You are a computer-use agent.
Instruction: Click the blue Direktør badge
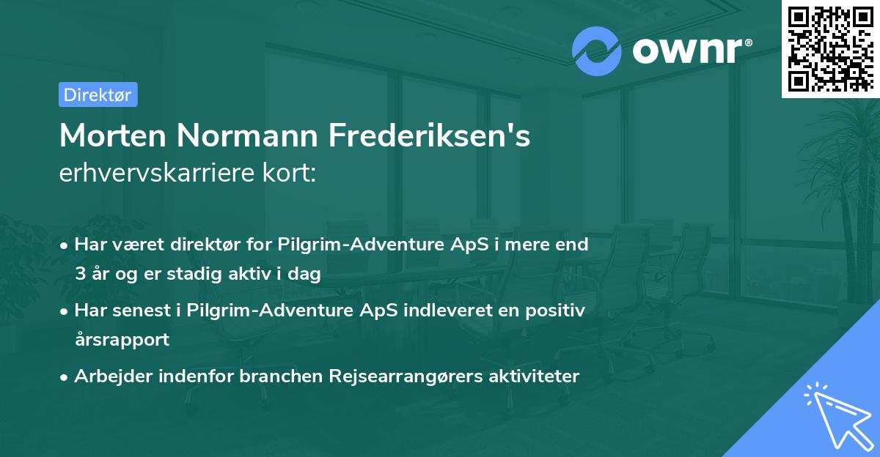click(98, 94)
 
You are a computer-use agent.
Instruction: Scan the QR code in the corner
click(830, 48)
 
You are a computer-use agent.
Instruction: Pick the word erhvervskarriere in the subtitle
click(160, 174)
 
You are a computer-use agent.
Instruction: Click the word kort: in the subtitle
click(290, 174)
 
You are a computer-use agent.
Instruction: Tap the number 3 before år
click(79, 274)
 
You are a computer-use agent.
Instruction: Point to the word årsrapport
click(122, 340)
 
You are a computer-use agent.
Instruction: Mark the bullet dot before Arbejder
click(65, 377)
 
